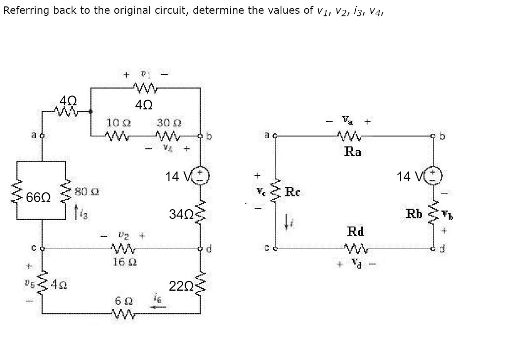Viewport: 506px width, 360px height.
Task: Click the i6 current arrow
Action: pos(158,306)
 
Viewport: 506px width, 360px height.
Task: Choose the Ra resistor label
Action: pos(352,152)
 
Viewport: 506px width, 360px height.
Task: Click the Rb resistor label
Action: pos(414,214)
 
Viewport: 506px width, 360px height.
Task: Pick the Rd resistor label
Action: pos(355,231)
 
